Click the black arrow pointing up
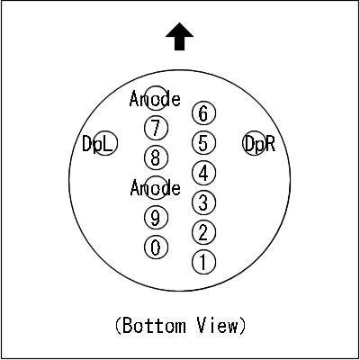[x=179, y=36]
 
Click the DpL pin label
[x=97, y=144]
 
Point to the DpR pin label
[x=260, y=144]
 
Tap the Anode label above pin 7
[x=155, y=99]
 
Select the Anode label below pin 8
[x=156, y=188]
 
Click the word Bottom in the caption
[x=154, y=326]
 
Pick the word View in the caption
[x=217, y=326]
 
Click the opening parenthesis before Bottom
[x=118, y=326]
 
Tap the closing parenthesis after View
[x=242, y=326]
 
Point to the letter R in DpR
[x=270, y=143]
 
